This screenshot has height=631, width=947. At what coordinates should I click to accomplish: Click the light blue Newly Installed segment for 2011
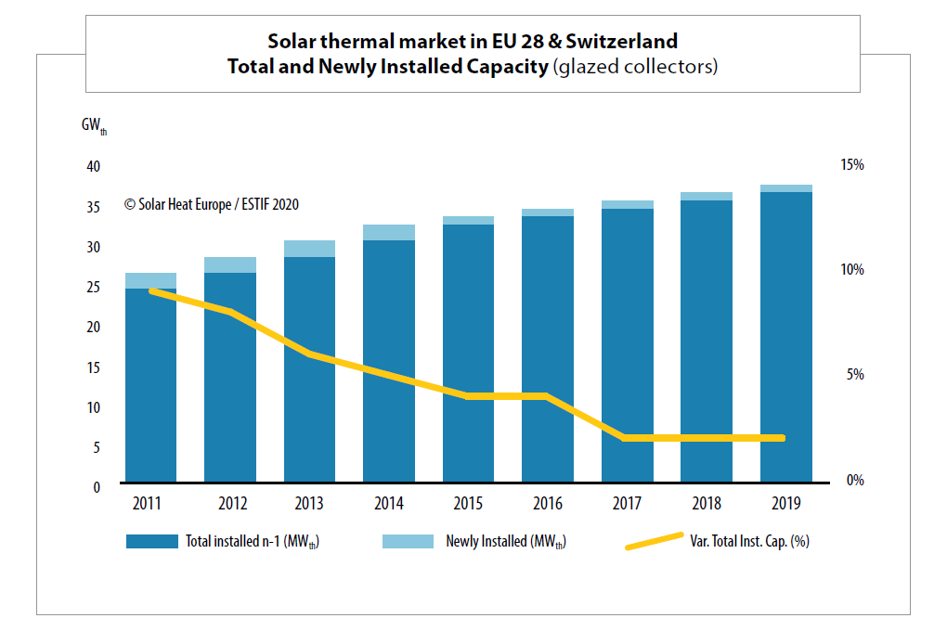click(150, 280)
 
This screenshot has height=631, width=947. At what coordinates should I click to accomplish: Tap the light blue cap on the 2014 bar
click(388, 232)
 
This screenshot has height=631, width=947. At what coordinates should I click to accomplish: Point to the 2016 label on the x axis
click(547, 505)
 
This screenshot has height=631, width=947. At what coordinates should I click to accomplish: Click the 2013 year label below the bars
click(309, 505)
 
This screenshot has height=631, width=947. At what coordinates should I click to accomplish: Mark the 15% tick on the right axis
click(852, 164)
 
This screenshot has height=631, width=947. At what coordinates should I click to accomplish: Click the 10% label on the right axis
click(852, 270)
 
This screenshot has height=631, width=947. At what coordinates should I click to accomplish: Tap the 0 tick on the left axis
click(97, 487)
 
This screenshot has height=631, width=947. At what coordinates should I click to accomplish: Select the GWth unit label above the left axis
click(94, 126)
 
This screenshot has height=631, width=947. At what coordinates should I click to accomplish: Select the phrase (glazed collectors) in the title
click(635, 68)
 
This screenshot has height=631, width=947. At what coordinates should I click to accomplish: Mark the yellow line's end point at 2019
click(782, 438)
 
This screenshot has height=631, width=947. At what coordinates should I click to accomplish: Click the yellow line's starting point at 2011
click(151, 290)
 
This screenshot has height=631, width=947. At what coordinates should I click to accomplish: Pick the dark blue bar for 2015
click(468, 353)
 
